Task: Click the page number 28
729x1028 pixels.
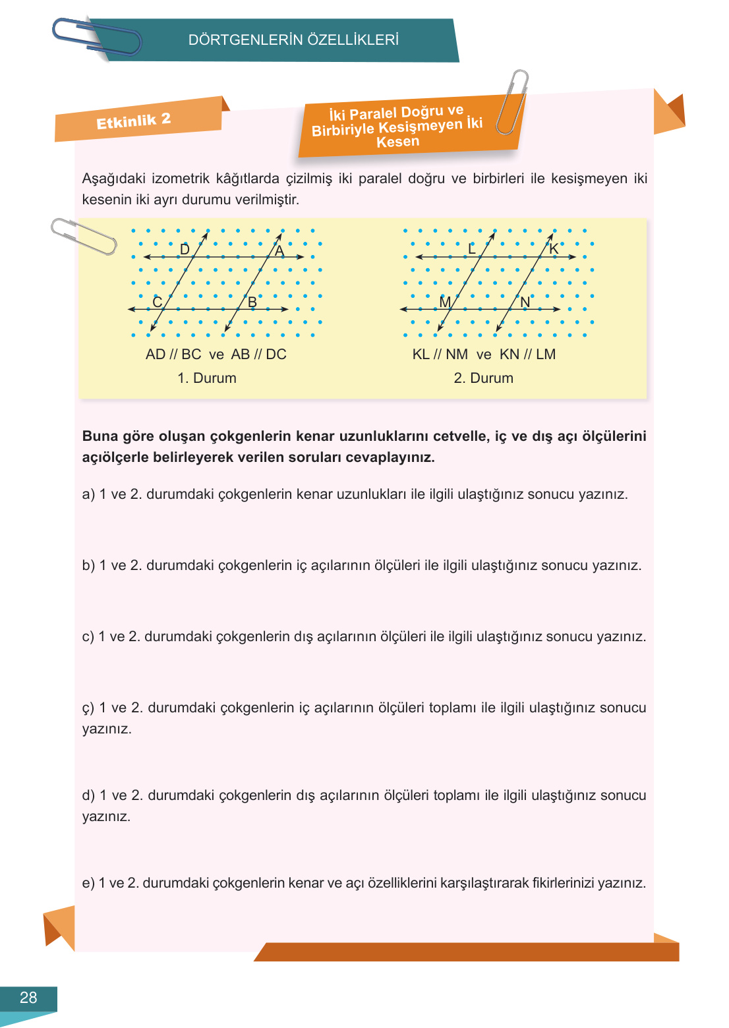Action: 28,998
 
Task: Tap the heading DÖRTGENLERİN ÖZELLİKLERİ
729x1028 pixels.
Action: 293,40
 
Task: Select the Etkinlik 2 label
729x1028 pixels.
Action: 134,121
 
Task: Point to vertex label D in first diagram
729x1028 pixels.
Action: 185,249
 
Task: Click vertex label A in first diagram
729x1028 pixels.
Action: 279,251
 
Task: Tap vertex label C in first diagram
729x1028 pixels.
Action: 157,302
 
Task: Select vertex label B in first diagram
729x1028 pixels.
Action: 252,302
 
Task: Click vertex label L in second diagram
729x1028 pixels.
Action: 471,249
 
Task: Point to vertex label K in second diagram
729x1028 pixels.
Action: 554,249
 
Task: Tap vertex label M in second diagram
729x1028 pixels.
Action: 445,302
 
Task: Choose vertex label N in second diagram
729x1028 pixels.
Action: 525,302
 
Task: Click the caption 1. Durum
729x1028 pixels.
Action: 207,378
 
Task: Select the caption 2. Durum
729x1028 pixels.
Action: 483,378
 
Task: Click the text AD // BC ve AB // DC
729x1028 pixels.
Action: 216,355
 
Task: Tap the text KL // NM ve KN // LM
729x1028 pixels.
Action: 484,355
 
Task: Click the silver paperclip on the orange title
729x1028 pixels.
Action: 512,102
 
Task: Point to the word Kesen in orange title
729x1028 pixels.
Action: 397,142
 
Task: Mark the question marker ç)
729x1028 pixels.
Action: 88,708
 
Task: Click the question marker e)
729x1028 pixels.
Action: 88,883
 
